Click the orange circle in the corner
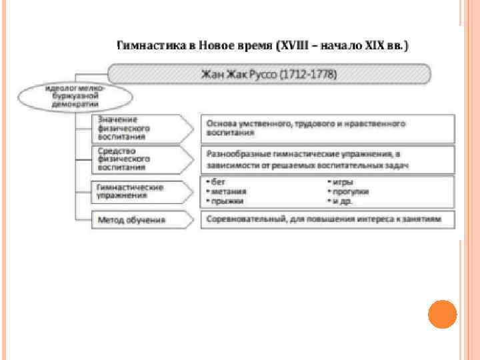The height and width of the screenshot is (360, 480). pos(442,313)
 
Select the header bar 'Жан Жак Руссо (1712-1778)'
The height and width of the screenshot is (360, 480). pos(269,73)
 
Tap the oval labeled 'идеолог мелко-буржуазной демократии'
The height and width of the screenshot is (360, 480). pos(73,96)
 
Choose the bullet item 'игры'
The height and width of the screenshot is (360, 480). pos(341,182)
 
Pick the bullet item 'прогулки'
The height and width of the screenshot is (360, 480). pos(349,191)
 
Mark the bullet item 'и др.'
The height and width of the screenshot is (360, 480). pos(341,200)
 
